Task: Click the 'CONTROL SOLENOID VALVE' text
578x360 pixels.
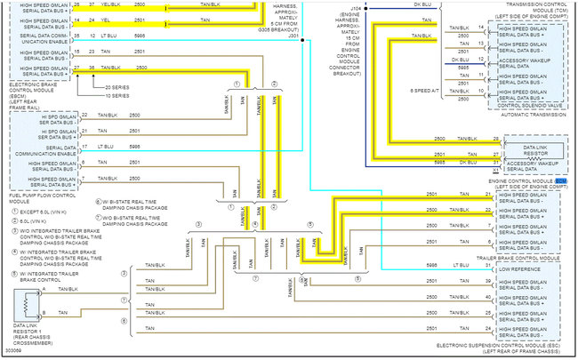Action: point(528,105)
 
